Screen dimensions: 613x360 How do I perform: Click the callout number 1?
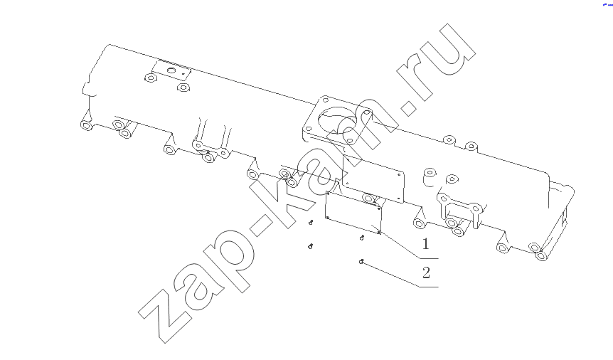pyautogui.click(x=426, y=244)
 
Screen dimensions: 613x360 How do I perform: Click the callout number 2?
pyautogui.click(x=426, y=272)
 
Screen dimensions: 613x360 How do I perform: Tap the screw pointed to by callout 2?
pyautogui.click(x=362, y=261)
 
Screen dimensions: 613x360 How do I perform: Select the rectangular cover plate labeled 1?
pyautogui.click(x=353, y=213)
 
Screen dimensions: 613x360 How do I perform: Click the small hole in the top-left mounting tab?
pyautogui.click(x=171, y=71)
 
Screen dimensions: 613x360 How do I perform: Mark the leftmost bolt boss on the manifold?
pyautogui.click(x=86, y=125)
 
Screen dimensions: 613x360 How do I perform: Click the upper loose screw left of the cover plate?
pyautogui.click(x=311, y=222)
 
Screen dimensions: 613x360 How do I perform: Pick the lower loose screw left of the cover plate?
pyautogui.click(x=310, y=246)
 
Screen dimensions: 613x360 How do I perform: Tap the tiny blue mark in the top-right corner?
pyautogui.click(x=607, y=4)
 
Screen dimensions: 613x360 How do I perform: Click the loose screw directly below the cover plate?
pyautogui.click(x=362, y=238)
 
